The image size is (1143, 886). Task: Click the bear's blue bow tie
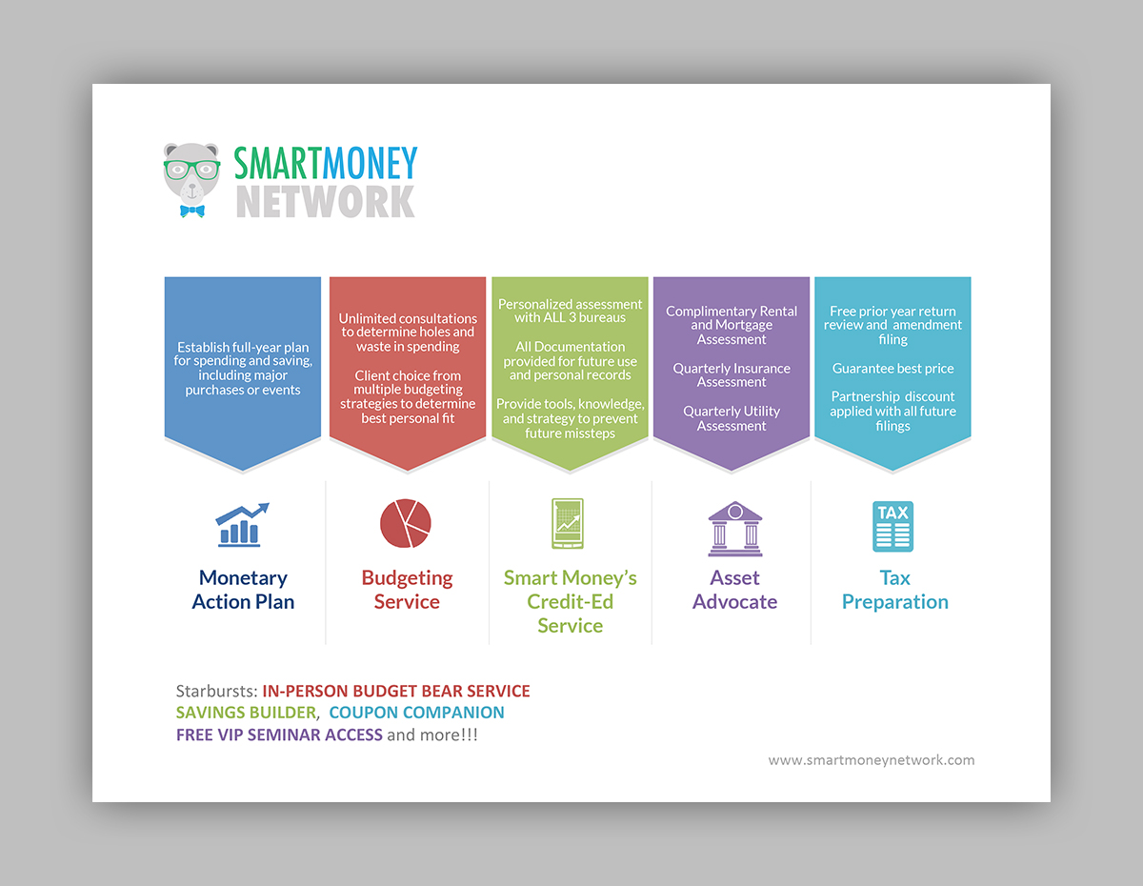[x=192, y=211]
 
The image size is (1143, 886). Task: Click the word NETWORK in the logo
[x=326, y=201]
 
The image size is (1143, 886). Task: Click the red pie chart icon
[x=406, y=523]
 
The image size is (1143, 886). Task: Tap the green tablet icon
[x=568, y=524]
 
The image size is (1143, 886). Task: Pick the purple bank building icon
[x=734, y=529]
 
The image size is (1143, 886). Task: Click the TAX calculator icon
[x=892, y=526]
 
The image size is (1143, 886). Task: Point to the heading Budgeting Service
[x=407, y=590]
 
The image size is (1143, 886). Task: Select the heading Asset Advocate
[x=734, y=590]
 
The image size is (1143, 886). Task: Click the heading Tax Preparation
[x=895, y=590]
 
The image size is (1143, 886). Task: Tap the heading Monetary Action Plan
[x=243, y=590]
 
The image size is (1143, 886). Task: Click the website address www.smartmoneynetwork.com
[x=872, y=760]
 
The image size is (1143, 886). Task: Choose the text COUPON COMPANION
[x=416, y=713]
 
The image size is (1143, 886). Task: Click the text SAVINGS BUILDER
[x=246, y=713]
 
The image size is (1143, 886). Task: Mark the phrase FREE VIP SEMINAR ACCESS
[x=279, y=735]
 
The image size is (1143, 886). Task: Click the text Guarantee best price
[x=892, y=369]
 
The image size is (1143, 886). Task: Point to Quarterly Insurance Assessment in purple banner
[x=732, y=375]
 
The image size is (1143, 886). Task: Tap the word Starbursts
[x=216, y=691]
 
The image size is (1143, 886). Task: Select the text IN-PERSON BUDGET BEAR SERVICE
[x=396, y=691]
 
